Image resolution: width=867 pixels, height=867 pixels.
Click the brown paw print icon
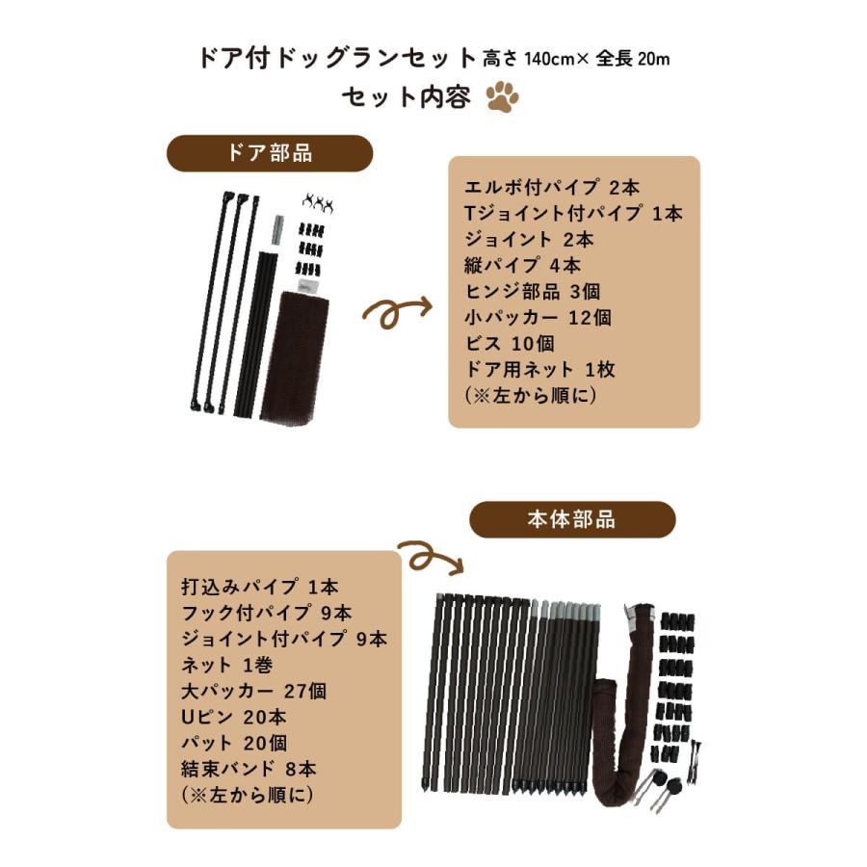(x=502, y=97)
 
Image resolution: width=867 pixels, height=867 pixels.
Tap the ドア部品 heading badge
(x=270, y=153)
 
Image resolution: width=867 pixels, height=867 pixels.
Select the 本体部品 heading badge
(x=572, y=519)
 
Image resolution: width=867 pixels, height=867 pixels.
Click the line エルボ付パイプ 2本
(x=545, y=187)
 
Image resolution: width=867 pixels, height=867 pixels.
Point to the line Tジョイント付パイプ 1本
(x=573, y=213)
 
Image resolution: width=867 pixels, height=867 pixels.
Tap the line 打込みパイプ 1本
(x=260, y=587)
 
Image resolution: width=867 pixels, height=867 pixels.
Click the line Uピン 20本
(x=233, y=717)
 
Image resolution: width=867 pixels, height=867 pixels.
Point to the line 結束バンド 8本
(x=249, y=769)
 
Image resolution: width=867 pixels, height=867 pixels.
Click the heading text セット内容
(x=406, y=97)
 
